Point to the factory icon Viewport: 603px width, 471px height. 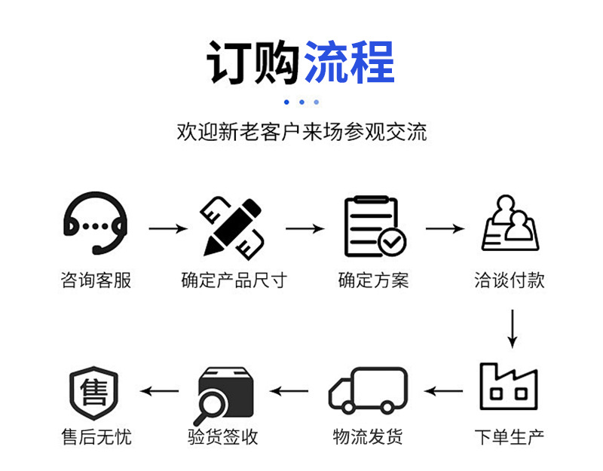510,387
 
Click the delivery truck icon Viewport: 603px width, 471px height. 368,390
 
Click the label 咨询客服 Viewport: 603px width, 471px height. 96,281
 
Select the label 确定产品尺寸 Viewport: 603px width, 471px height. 234,281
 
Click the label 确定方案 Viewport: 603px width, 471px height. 373,281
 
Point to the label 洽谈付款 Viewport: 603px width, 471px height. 510,281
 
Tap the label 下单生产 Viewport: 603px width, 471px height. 510,436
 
